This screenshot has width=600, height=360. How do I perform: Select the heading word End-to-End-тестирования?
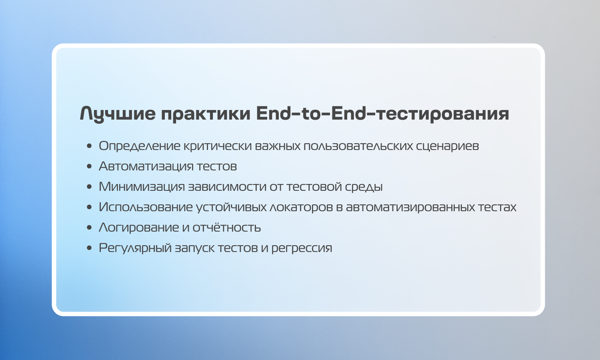point(382,114)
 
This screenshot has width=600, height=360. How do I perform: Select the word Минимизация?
point(142,187)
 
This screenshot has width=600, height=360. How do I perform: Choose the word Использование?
point(146,207)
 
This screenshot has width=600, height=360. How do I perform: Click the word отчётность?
point(227,227)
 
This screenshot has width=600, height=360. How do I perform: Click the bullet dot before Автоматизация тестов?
point(90,166)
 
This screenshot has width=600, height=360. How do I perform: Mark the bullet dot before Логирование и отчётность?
point(90,228)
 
